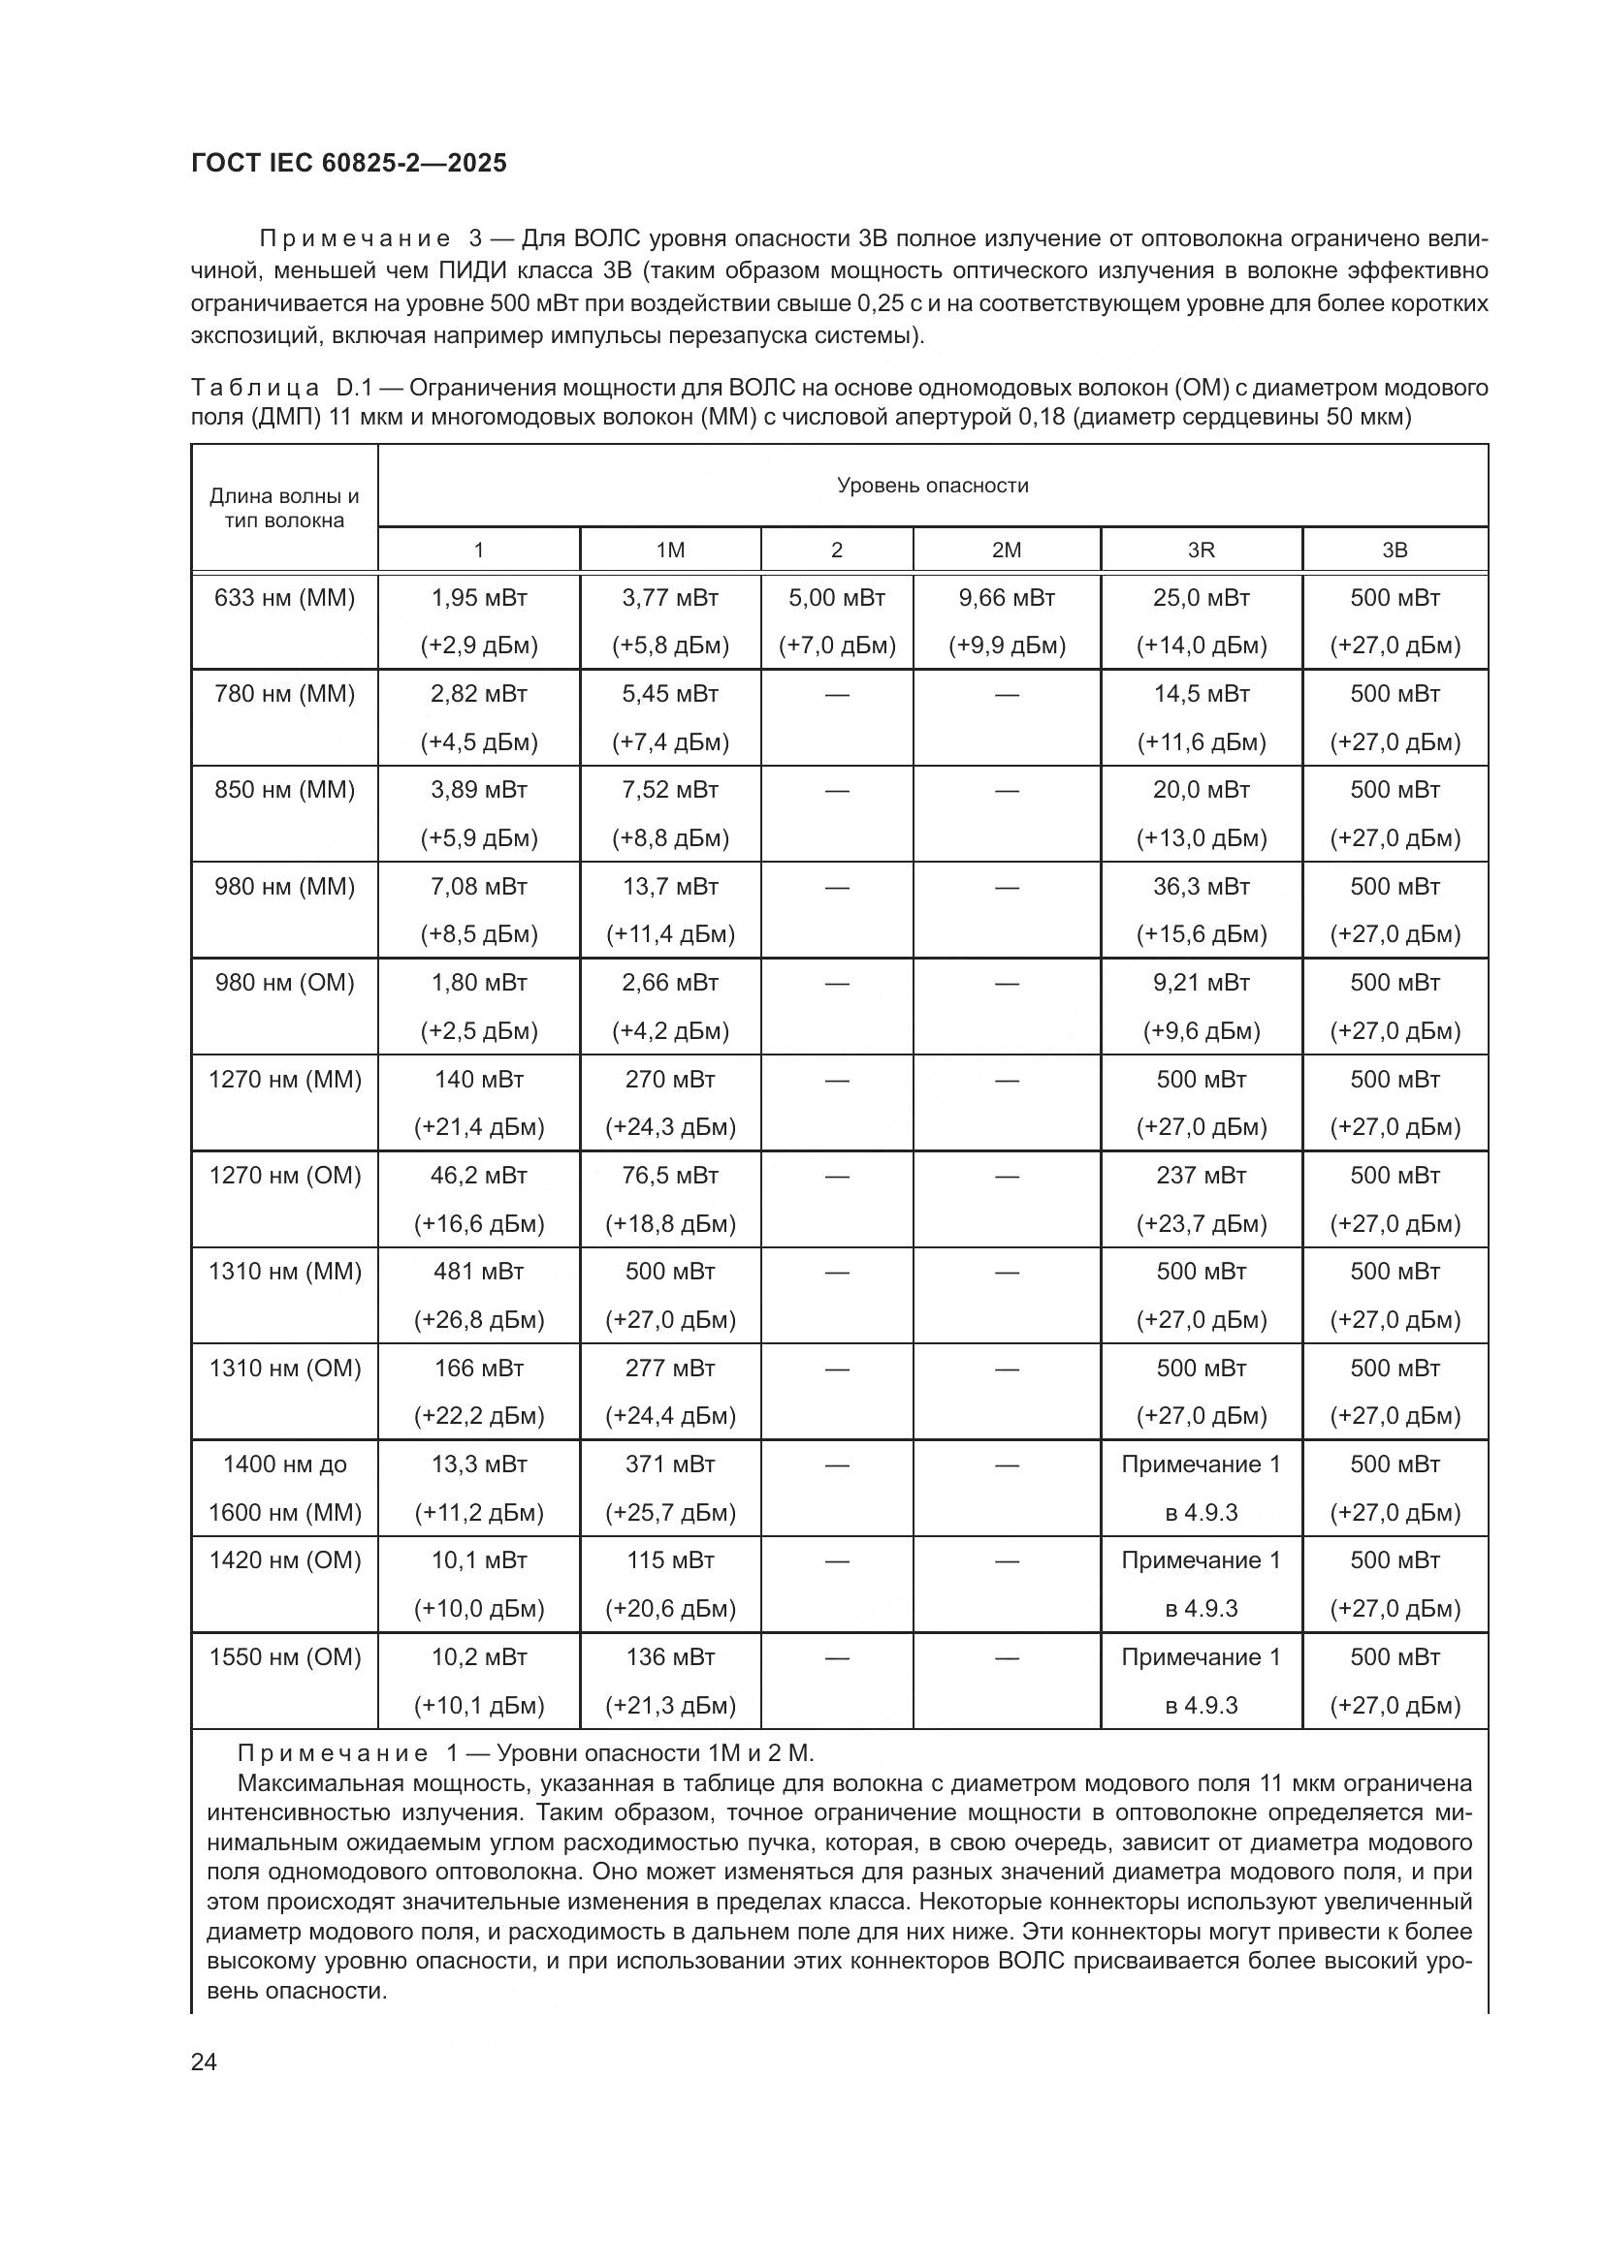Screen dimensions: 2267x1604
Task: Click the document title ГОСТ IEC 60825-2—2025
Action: [349, 163]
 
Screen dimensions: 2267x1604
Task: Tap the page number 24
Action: [204, 2062]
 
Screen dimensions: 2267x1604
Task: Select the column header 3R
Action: [1201, 550]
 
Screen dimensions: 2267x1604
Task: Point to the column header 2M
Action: [1007, 550]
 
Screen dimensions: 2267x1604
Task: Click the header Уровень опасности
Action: [932, 485]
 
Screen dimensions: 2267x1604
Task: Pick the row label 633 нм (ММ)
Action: [284, 597]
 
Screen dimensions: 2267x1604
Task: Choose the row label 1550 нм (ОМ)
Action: [284, 1656]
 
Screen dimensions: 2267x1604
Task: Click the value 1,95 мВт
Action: [479, 597]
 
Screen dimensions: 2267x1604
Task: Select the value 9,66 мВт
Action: [1007, 597]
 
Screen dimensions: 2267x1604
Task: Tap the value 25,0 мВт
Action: [1201, 597]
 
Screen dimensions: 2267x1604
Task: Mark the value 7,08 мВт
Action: [479, 887]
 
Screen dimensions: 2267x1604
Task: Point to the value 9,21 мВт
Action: [1201, 983]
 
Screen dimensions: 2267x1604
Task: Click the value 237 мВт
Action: [1201, 1175]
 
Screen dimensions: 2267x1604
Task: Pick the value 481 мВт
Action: [479, 1272]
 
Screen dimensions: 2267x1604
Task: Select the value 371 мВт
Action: [671, 1464]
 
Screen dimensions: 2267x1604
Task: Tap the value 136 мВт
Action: [671, 1656]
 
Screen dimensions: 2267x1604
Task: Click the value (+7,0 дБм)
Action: [837, 645]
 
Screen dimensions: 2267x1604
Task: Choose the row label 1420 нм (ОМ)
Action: [284, 1560]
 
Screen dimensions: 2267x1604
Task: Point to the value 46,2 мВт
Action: [479, 1175]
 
